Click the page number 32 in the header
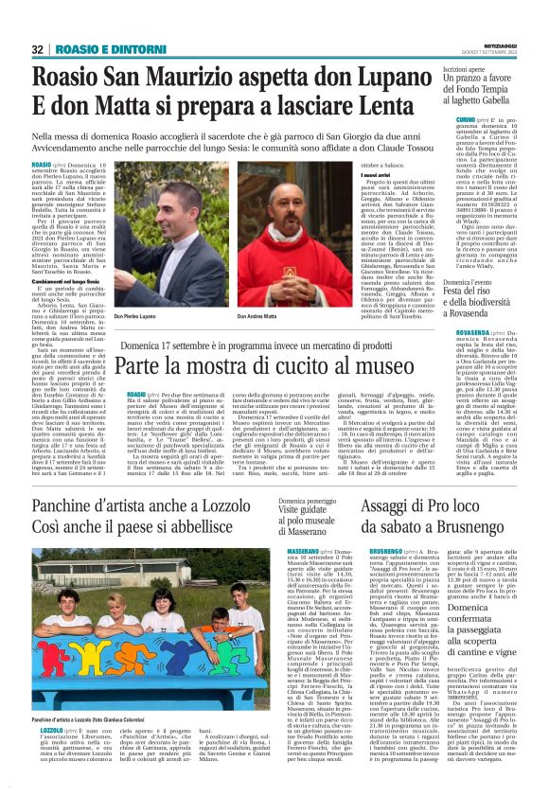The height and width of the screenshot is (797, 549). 38,49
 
